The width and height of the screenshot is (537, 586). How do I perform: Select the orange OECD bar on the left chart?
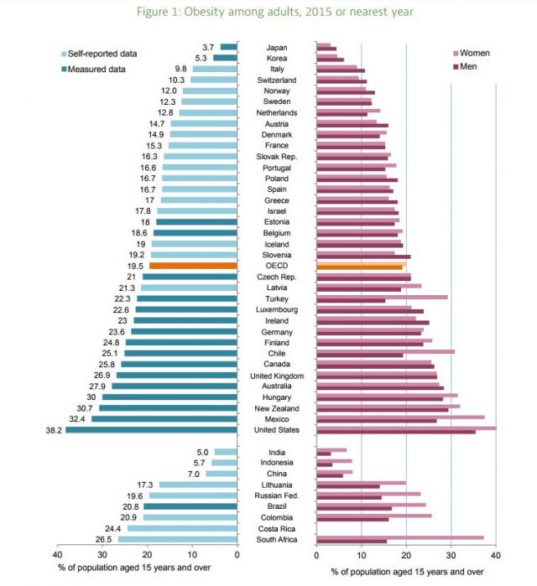click(x=193, y=266)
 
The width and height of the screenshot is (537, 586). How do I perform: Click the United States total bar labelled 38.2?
click(x=152, y=430)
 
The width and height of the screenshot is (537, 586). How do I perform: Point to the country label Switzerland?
click(x=277, y=80)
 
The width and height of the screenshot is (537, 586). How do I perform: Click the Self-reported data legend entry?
click(x=102, y=54)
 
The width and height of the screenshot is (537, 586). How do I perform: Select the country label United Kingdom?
click(x=277, y=376)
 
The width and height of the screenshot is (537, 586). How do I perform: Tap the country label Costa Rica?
click(x=277, y=529)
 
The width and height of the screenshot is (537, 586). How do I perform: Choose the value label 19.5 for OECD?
click(x=135, y=266)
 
